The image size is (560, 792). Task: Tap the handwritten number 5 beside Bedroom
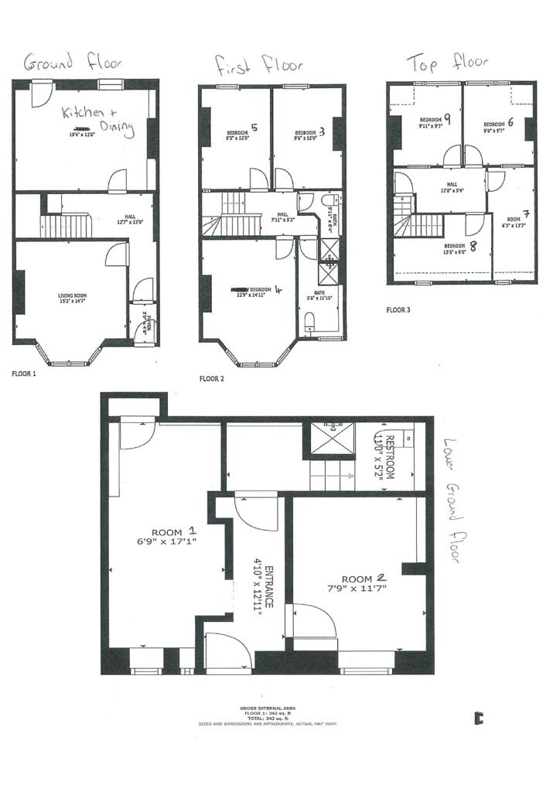[254, 128]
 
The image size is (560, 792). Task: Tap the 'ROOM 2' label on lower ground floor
[364, 578]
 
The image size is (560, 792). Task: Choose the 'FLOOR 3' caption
[399, 310]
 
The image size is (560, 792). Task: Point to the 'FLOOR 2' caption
[212, 379]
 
